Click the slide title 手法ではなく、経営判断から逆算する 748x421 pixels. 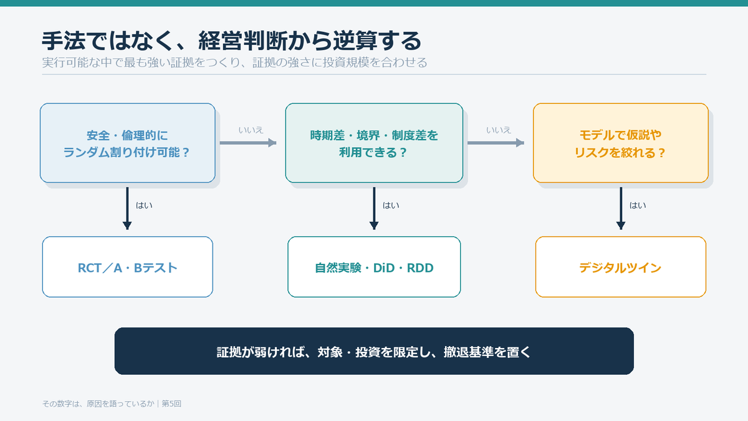pos(231,41)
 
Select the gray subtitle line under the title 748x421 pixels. pos(234,62)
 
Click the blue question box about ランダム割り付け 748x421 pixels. pos(128,143)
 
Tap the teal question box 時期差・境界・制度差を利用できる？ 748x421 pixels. pos(374,143)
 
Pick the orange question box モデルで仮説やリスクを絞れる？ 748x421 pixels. pos(621,143)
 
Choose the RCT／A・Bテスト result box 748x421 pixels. pos(128,267)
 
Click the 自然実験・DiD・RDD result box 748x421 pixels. pos(374,267)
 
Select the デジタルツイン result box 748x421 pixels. pos(621,267)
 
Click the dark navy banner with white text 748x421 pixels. pos(374,351)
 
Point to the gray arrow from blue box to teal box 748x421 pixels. pos(248,143)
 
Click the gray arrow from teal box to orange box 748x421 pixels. pos(496,143)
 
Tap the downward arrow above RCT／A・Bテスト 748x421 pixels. pos(127,208)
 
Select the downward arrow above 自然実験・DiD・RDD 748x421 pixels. pos(374,208)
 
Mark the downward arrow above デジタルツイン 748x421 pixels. pos(621,208)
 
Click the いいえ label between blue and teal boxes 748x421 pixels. pos(251,130)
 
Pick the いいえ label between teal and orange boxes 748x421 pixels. pos(499,130)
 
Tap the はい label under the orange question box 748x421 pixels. pos(638,205)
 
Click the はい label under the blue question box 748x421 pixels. pos(144,205)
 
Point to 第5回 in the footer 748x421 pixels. pos(171,404)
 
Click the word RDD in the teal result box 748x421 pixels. pos(420,268)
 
